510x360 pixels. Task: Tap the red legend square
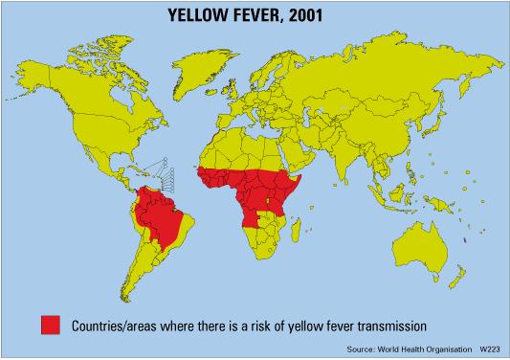pyautogui.click(x=51, y=324)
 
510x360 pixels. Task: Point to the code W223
pyautogui.click(x=492, y=349)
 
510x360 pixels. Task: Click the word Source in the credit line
pyautogui.click(x=361, y=349)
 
